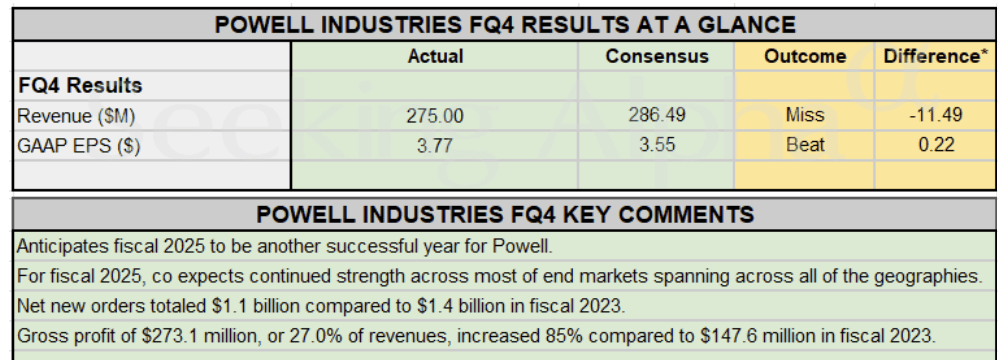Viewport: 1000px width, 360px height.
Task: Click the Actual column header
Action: pyautogui.click(x=435, y=57)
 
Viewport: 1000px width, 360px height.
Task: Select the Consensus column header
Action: pyautogui.click(x=657, y=57)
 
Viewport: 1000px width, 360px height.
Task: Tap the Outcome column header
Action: pyautogui.click(x=805, y=57)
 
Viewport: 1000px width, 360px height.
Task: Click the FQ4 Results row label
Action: pyautogui.click(x=79, y=86)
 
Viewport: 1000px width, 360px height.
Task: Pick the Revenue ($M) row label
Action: pyautogui.click(x=76, y=116)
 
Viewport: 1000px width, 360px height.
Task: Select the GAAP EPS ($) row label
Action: pyautogui.click(x=79, y=145)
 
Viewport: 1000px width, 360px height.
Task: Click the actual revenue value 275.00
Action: pyautogui.click(x=435, y=116)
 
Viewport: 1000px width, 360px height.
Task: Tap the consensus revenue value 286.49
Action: pyautogui.click(x=657, y=116)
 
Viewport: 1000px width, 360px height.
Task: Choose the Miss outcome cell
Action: pyautogui.click(x=805, y=116)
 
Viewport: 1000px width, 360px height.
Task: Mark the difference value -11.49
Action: pyautogui.click(x=936, y=116)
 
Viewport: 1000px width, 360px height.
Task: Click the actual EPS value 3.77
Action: pyautogui.click(x=435, y=145)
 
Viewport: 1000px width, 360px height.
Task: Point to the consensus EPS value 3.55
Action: pyautogui.click(x=657, y=145)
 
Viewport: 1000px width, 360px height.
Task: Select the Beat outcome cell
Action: pyautogui.click(x=805, y=145)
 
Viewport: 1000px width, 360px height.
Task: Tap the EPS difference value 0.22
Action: pyautogui.click(x=936, y=145)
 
